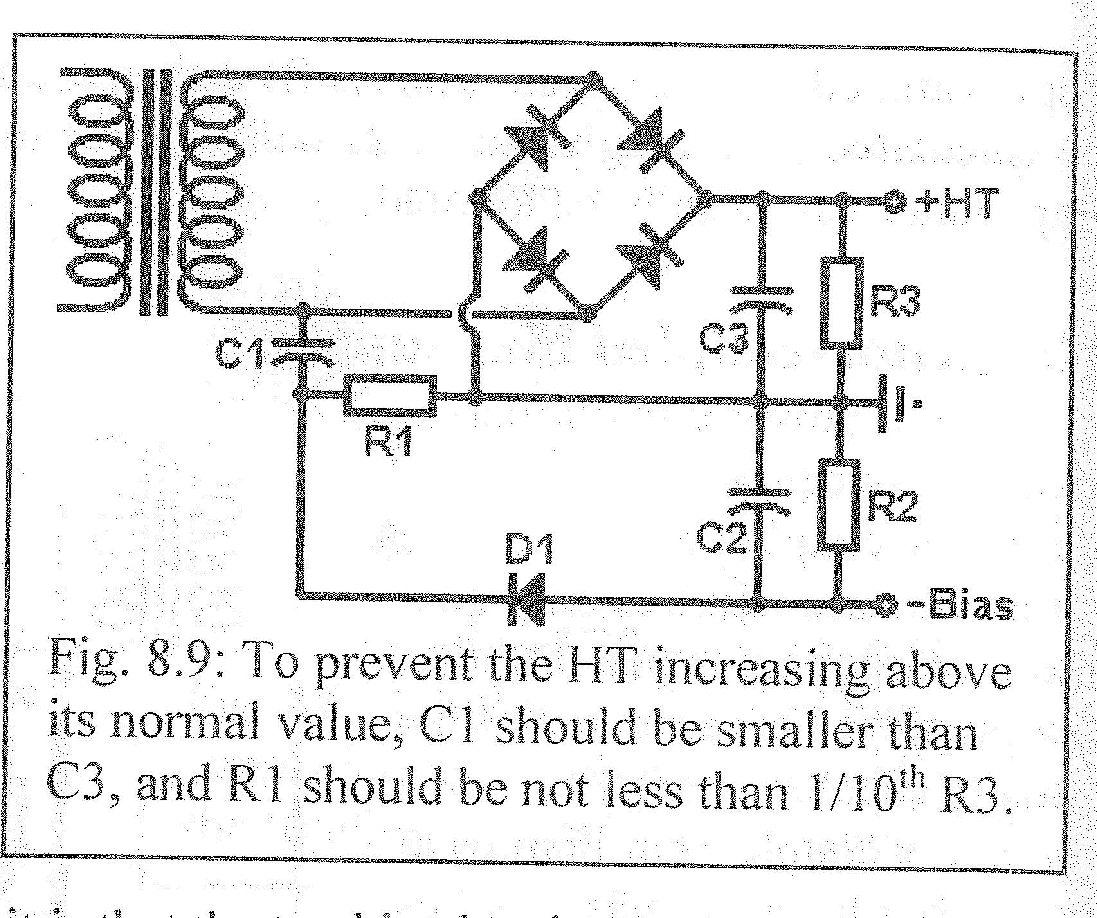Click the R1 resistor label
tap(389, 443)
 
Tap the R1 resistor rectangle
tap(390, 395)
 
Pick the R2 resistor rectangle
tap(839, 505)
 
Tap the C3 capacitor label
tap(724, 339)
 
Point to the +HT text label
tap(956, 203)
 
